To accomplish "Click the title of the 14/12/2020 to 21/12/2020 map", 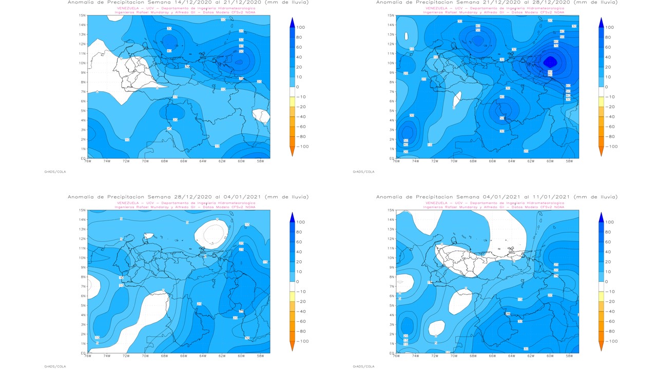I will click(188, 3).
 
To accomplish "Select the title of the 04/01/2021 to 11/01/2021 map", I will click(496, 197).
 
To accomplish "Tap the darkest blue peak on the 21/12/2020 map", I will click(550, 62).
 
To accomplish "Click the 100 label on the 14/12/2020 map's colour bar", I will click(301, 27).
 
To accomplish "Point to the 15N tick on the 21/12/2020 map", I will click(391, 16).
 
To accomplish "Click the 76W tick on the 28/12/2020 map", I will click(88, 356).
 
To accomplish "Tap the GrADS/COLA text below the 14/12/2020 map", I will click(55, 172).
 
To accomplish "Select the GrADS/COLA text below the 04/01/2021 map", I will click(363, 366).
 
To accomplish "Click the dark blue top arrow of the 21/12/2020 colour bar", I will click(601, 22).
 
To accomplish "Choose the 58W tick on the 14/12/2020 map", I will click(260, 161).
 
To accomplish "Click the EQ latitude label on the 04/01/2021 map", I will click(391, 353).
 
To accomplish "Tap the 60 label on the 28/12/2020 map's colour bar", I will click(301, 242).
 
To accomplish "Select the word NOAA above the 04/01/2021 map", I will click(559, 207).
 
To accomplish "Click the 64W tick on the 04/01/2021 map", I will click(511, 356).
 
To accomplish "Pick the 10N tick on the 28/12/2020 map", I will click(83, 258).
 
